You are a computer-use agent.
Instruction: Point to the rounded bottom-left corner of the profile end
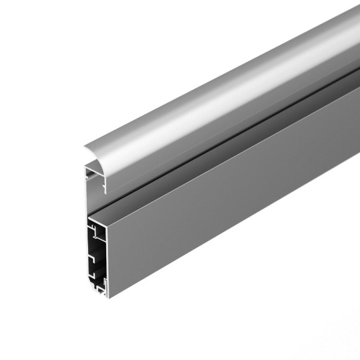pyautogui.click(x=90, y=289)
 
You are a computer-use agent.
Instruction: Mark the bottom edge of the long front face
pyautogui.click(x=236, y=242)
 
